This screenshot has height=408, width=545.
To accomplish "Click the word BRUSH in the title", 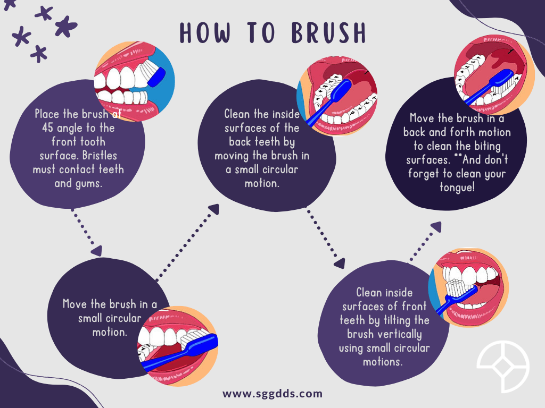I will pos(328,33).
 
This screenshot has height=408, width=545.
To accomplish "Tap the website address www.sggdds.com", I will pos(272,394).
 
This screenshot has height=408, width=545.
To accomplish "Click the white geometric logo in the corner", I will pos(503,367).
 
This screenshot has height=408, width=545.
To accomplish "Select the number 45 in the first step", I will pos(49,128).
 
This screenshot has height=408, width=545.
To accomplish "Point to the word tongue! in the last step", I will pos(457,188).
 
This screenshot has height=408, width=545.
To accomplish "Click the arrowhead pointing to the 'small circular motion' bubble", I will pos(96,250).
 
